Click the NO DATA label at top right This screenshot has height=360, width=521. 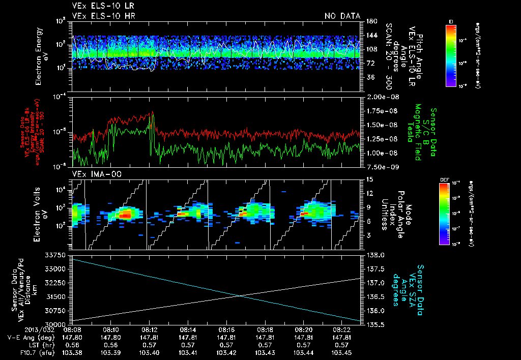[x=342, y=16]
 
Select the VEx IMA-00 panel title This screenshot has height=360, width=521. [x=92, y=174]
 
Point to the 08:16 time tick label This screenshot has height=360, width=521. [x=226, y=329]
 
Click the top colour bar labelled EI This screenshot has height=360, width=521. [x=451, y=55]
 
